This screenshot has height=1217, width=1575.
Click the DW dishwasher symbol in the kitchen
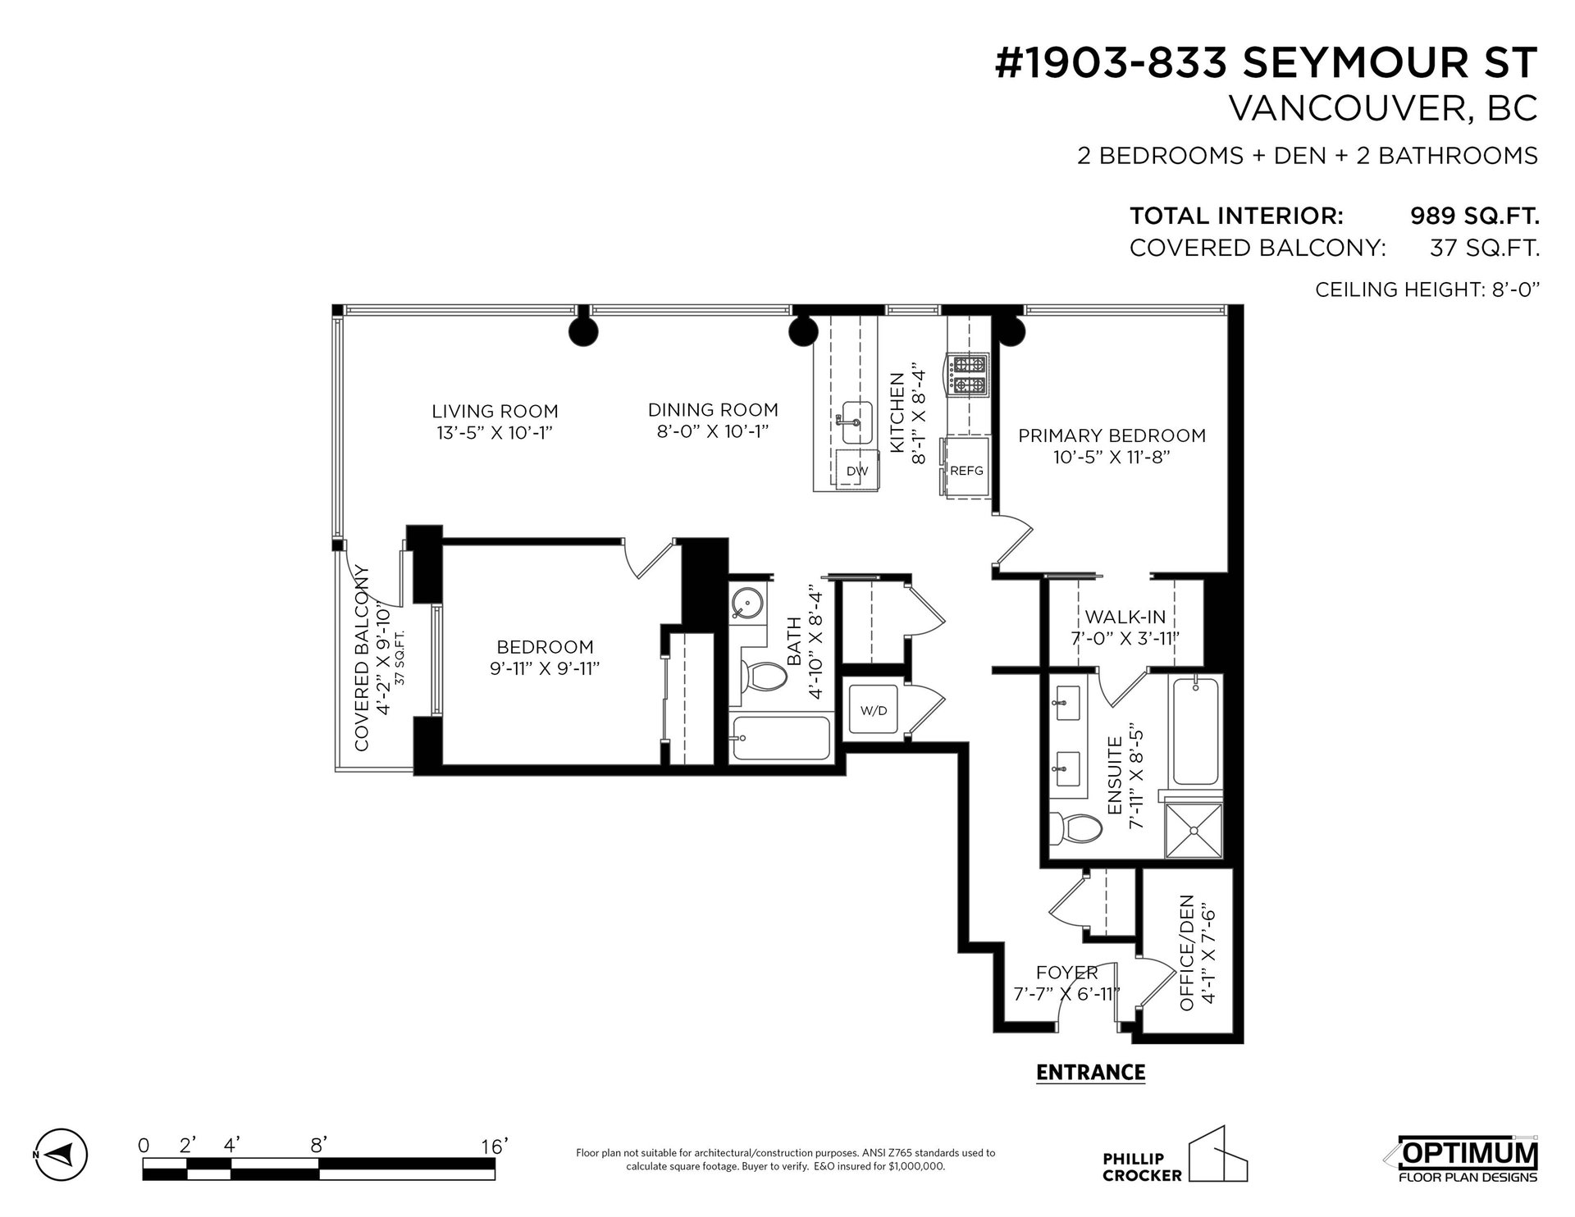point(858,470)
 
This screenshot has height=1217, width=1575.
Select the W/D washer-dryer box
point(874,710)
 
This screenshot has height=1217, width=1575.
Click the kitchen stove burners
point(969,373)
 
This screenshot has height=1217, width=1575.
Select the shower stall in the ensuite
point(1194,830)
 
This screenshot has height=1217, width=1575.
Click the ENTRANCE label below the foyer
point(1090,1073)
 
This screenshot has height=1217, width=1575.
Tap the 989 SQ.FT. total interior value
point(1473,217)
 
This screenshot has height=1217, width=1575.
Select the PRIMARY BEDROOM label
point(1112,435)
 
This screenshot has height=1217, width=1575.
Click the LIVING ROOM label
point(495,411)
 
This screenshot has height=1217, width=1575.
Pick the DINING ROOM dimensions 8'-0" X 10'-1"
point(713,431)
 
